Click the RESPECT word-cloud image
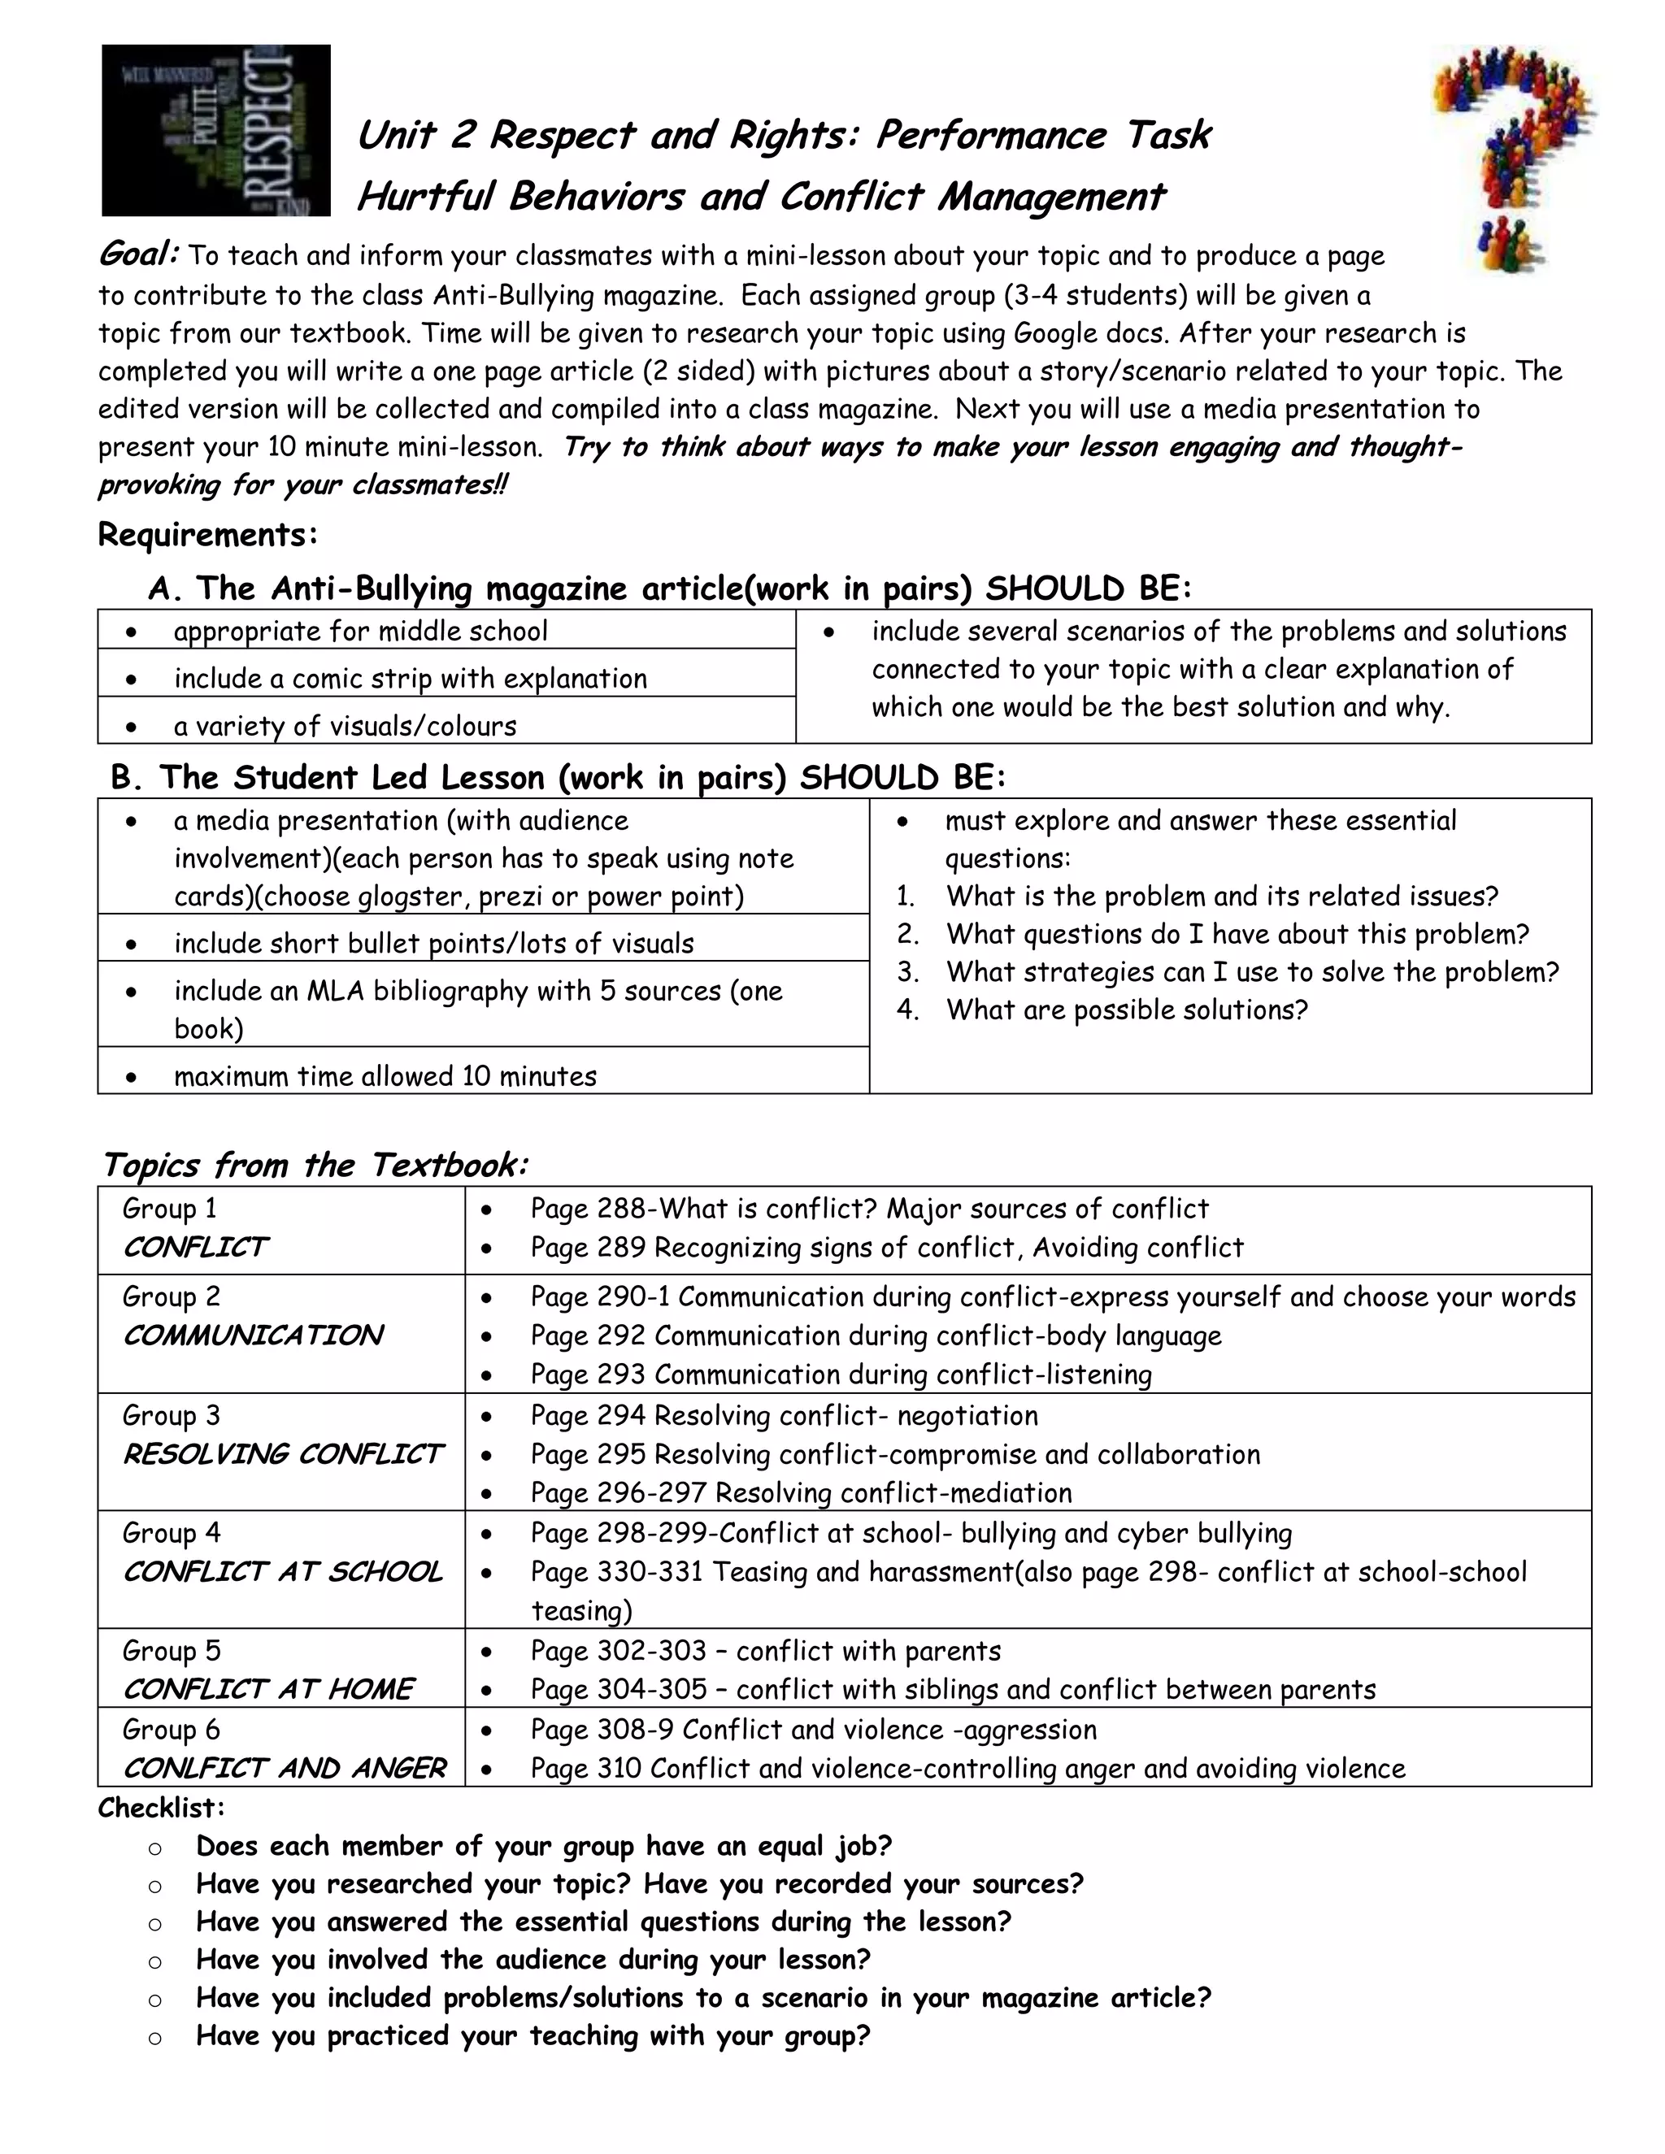tap(216, 130)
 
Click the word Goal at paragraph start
tap(138, 254)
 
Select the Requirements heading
tap(208, 535)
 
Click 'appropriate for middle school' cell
tap(360, 632)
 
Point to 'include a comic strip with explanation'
tap(411, 679)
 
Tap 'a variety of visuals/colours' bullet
tap(346, 726)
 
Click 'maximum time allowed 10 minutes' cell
tap(385, 1076)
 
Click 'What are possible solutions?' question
tap(1127, 1010)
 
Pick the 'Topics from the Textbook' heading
tap(315, 1165)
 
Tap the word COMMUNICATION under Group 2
tap(253, 1335)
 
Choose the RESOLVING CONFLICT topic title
tap(282, 1455)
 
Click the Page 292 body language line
tap(875, 1335)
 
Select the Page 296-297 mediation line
tap(800, 1493)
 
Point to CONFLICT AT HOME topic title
tap(268, 1690)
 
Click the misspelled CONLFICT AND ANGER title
tap(284, 1769)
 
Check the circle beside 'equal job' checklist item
tap(154, 1848)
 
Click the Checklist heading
tap(162, 1808)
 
